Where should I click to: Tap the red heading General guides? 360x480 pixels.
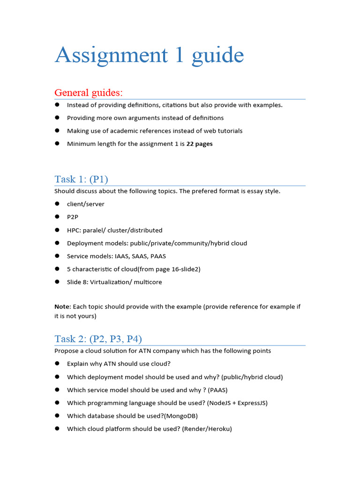[x=89, y=92]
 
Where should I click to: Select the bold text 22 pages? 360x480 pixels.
[x=199, y=144]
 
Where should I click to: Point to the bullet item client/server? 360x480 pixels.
[x=86, y=204]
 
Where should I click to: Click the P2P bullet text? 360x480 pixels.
[x=73, y=217]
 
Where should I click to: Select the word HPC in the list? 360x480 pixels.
[x=74, y=230]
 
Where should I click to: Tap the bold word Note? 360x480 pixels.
[x=62, y=307]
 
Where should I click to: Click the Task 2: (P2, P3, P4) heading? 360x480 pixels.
[x=98, y=339]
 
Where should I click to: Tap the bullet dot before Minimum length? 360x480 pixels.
[x=57, y=143]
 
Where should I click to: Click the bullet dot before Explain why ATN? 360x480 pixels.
[x=57, y=363]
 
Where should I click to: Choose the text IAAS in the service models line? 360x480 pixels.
[x=123, y=256]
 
